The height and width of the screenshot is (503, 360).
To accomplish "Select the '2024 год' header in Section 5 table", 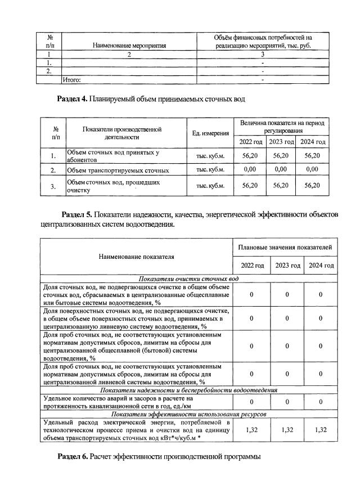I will [x=321, y=265].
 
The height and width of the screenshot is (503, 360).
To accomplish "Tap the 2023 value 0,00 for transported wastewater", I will [x=281, y=169].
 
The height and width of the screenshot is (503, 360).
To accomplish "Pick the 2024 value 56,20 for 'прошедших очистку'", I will [x=312, y=186].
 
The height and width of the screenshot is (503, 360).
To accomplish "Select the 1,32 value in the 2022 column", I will [x=251, y=430].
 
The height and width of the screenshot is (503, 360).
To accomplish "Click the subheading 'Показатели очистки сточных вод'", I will [x=188, y=279].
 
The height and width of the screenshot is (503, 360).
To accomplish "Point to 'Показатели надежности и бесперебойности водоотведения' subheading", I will [x=188, y=390].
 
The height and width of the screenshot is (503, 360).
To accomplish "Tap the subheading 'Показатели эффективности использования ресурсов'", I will [x=188, y=414].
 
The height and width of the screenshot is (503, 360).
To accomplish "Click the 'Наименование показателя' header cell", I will [x=136, y=257].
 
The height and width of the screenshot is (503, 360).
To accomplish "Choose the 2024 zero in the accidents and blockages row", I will [x=321, y=402].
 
